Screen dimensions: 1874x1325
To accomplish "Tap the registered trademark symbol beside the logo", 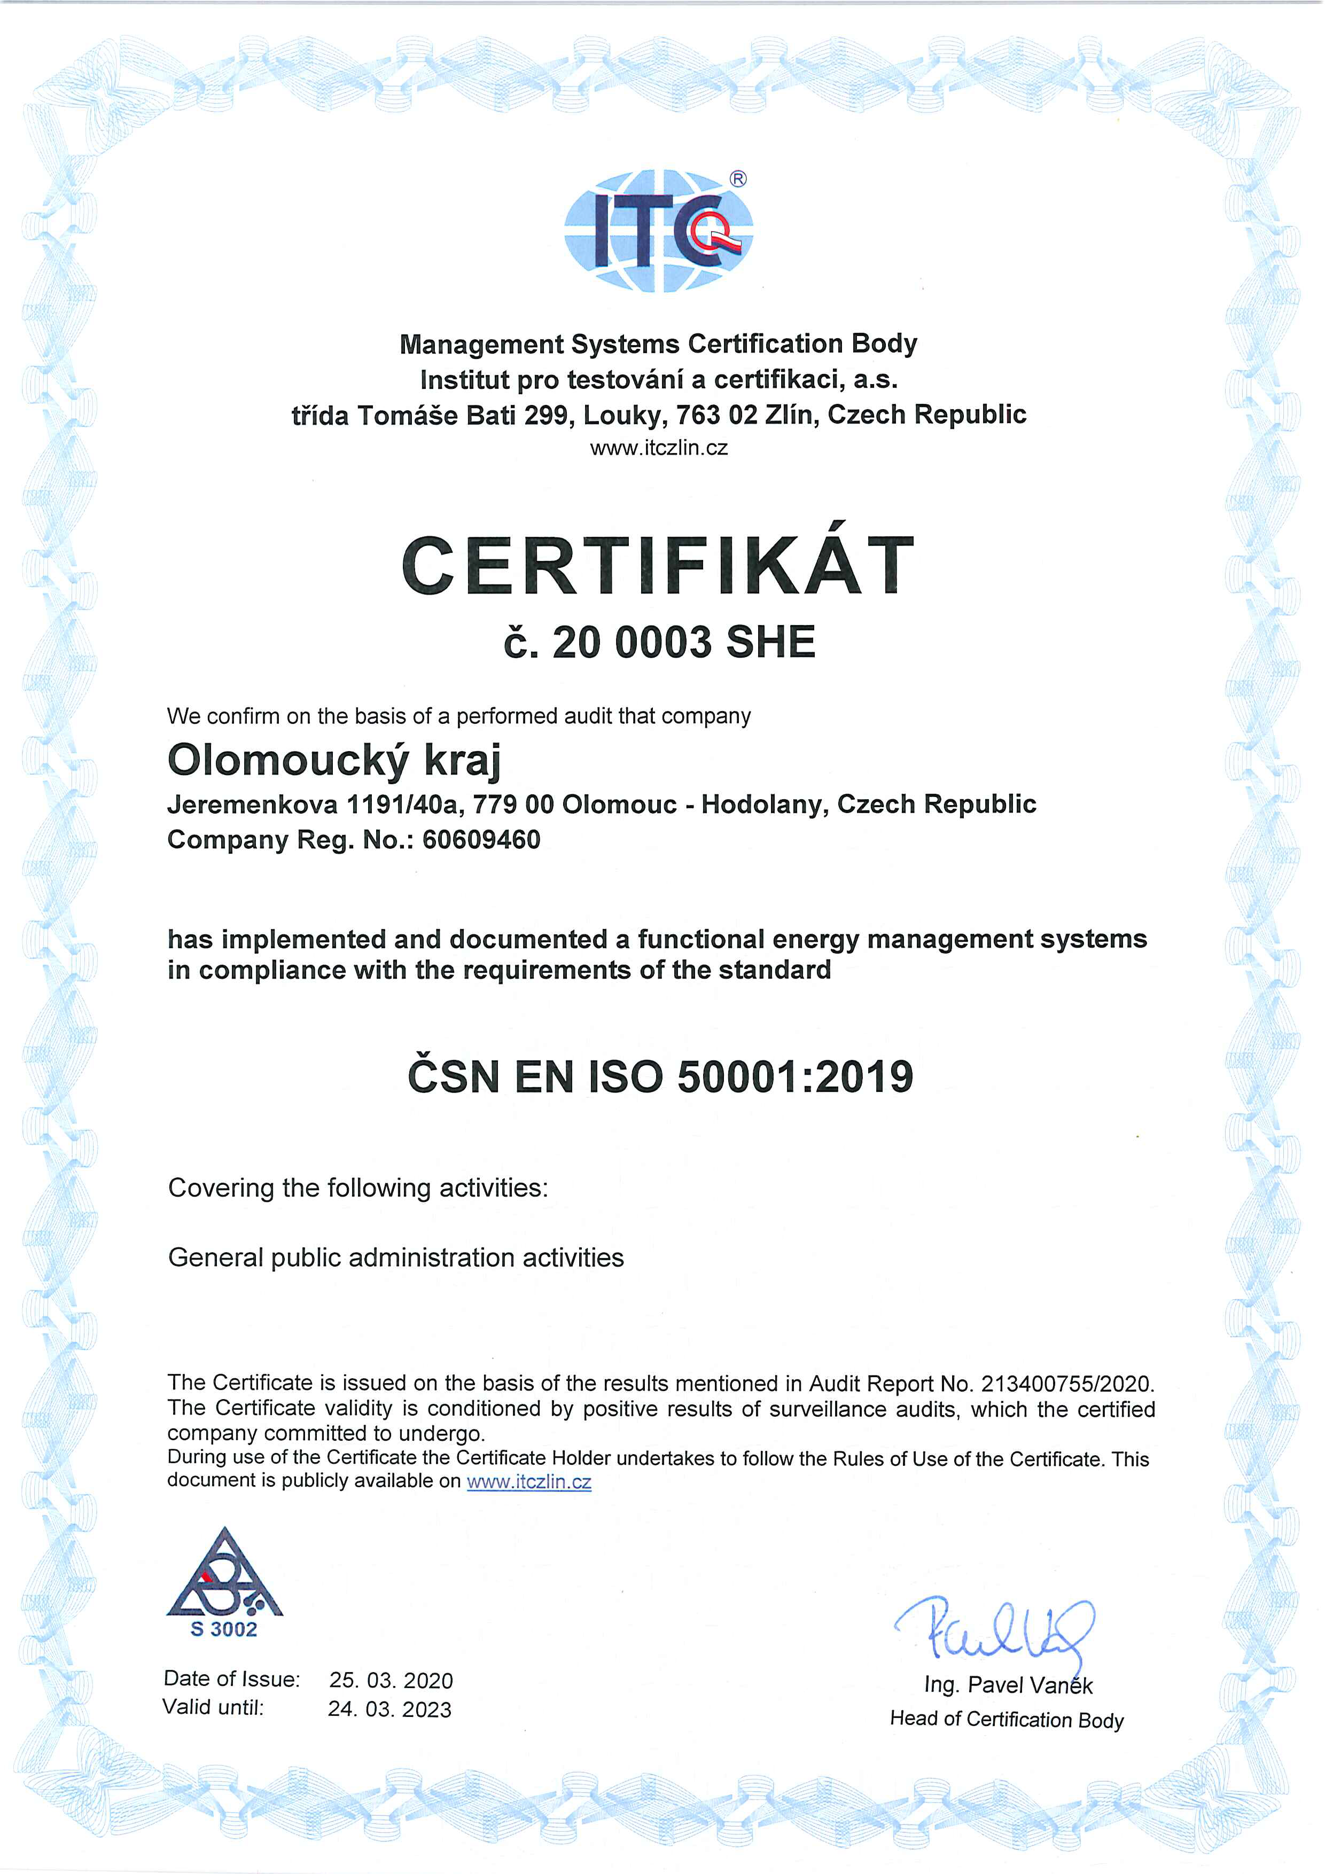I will (737, 179).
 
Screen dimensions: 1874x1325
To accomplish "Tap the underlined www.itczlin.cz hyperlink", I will (529, 1481).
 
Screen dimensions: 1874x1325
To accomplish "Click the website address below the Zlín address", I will (659, 448).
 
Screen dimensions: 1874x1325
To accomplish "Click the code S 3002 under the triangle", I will (224, 1629).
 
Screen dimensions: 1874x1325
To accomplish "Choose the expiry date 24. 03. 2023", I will (389, 1708).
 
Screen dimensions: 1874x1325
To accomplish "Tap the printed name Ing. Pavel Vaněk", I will (1008, 1685).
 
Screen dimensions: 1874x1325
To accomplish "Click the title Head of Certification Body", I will (1007, 1719).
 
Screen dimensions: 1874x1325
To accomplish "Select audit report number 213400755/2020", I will (1066, 1384).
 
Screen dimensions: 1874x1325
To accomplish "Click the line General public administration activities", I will (396, 1258).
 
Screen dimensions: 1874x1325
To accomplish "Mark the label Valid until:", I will (214, 1707).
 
